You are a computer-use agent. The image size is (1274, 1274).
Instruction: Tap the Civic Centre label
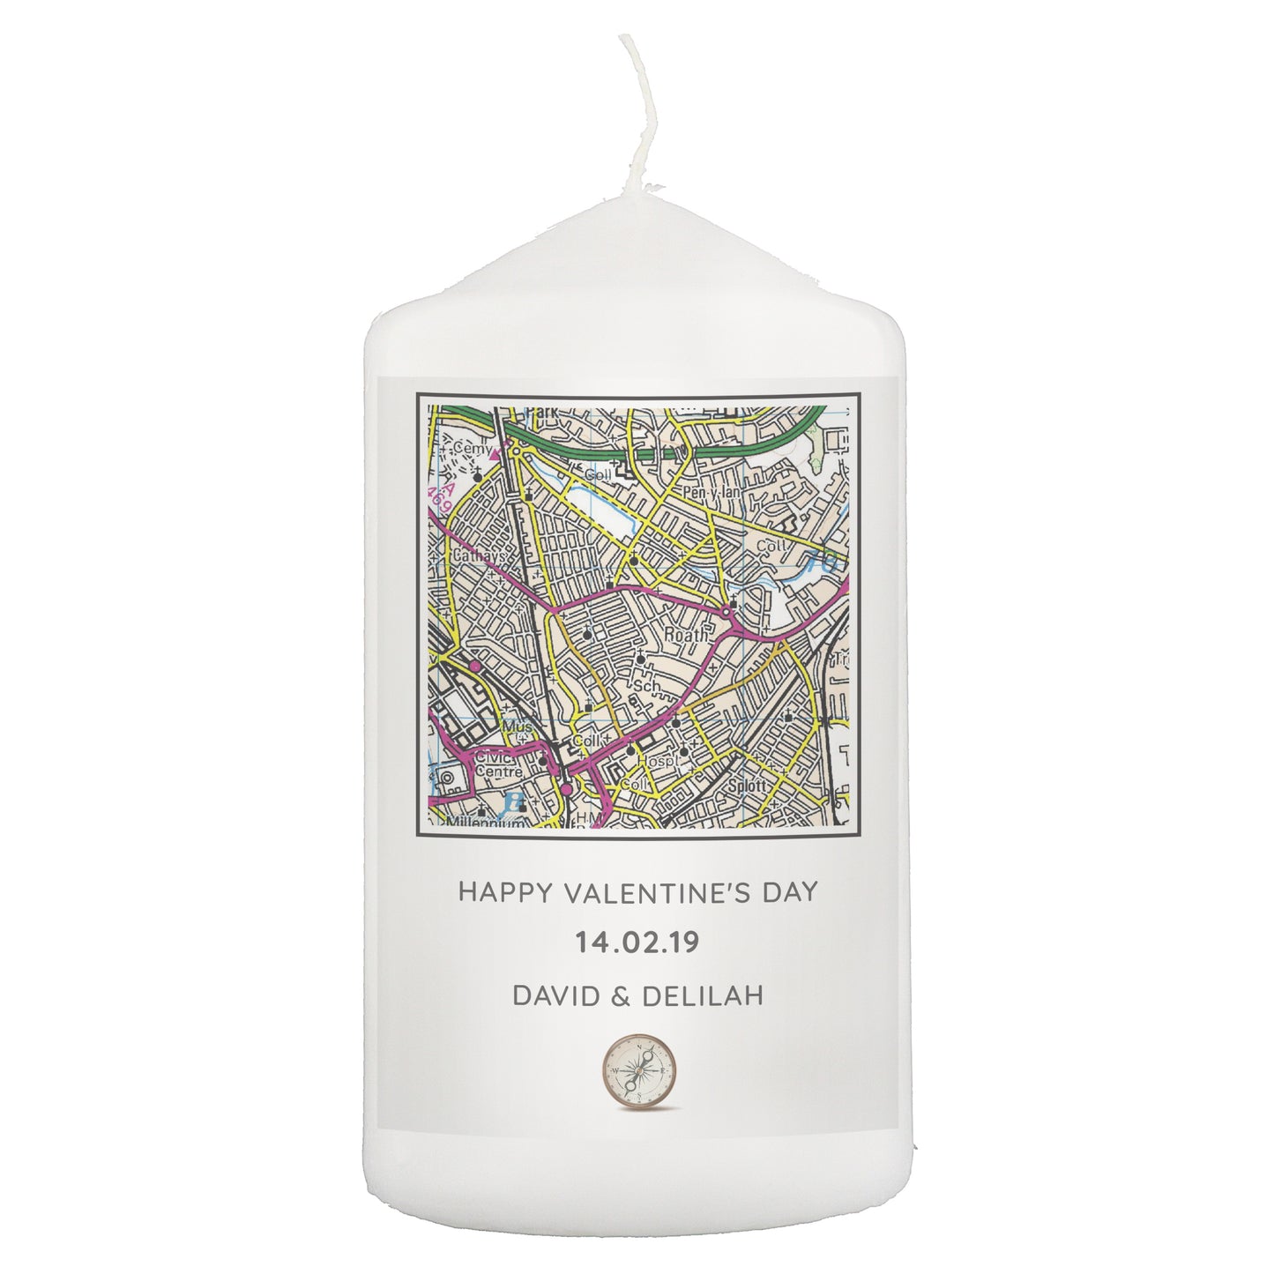[x=498, y=764]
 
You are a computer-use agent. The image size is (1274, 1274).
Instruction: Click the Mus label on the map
[x=513, y=726]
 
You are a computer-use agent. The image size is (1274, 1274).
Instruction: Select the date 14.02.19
[x=637, y=942]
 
